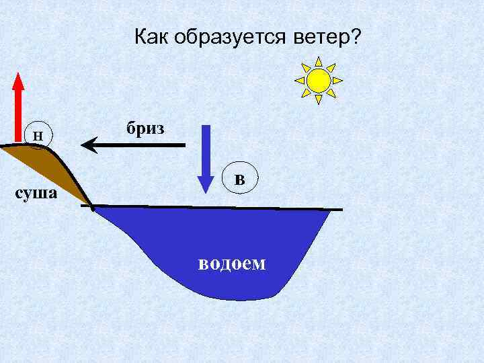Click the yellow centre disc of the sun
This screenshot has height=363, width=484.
click(x=319, y=80)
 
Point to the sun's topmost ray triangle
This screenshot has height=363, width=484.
click(x=319, y=60)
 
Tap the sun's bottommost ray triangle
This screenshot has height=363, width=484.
click(x=319, y=100)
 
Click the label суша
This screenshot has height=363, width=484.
click(x=38, y=194)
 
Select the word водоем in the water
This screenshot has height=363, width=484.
click(x=232, y=262)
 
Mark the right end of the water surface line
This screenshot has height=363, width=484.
click(x=341, y=210)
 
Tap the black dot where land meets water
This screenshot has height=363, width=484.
click(x=91, y=206)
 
